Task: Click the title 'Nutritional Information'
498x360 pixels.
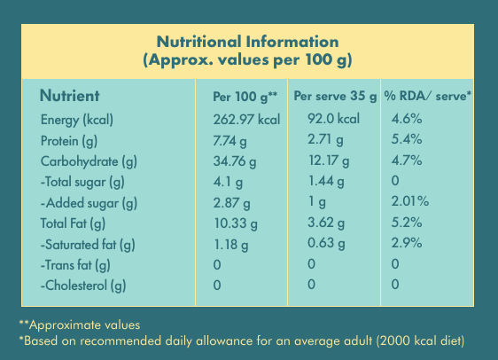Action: [248, 42]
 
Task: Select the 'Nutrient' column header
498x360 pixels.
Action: [69, 96]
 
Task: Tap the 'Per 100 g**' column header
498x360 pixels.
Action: [245, 97]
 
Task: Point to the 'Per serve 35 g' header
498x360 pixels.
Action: [335, 96]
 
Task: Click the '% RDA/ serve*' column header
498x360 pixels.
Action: [427, 96]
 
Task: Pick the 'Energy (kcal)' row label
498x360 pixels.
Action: [77, 120]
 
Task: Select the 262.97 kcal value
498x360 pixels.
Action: [246, 120]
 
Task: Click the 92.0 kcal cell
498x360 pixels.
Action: [333, 119]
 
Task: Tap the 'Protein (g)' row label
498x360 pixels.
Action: [69, 141]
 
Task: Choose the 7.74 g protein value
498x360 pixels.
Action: [230, 141]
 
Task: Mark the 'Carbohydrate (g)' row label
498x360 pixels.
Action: [89, 161]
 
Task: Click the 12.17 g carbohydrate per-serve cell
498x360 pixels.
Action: [329, 160]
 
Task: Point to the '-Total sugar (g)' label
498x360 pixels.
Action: [82, 182]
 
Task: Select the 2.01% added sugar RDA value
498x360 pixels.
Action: [410, 201]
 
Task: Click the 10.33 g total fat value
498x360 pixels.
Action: [236, 223]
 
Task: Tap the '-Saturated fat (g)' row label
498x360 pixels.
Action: [88, 245]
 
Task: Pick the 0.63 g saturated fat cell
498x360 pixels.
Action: [326, 243]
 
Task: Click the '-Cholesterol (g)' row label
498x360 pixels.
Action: [83, 286]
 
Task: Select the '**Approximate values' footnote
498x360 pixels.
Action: [80, 325]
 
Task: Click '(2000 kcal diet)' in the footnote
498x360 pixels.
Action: [421, 340]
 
